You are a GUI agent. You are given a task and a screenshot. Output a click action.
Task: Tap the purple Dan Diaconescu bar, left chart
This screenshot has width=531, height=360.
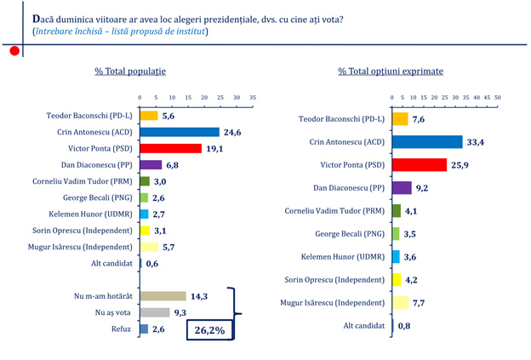point(151,164)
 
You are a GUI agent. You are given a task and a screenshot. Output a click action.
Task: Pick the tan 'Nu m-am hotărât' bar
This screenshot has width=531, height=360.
point(163,296)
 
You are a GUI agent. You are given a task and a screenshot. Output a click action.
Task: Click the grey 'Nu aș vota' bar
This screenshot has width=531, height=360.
point(155,312)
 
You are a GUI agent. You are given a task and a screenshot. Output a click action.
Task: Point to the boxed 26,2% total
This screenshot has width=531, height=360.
point(209,330)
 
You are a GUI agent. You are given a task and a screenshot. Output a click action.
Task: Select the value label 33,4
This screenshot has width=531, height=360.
point(476,141)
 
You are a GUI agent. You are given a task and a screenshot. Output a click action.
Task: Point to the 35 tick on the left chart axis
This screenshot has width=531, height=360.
point(253,98)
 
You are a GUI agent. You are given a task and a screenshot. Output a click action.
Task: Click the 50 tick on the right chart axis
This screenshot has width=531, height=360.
point(498,98)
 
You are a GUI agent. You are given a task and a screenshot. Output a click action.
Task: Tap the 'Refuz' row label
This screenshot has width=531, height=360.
point(122,329)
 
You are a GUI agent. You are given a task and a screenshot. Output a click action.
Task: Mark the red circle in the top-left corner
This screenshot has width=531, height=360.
point(14,51)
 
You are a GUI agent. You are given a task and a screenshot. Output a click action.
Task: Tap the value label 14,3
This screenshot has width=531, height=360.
point(199,296)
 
